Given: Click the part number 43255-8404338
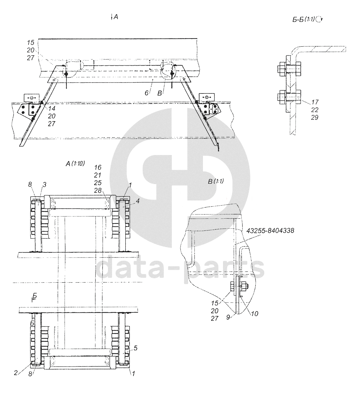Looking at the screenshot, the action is pyautogui.click(x=270, y=230).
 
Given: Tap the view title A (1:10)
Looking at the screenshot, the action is pyautogui.click(x=75, y=164).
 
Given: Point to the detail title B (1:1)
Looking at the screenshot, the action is pyautogui.click(x=216, y=181).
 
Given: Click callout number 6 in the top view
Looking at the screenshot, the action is pyautogui.click(x=146, y=93).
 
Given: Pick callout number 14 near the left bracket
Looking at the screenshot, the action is pyautogui.click(x=51, y=108).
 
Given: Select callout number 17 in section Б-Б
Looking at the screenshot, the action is pyautogui.click(x=315, y=102).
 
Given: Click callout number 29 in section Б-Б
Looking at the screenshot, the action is pyautogui.click(x=315, y=117).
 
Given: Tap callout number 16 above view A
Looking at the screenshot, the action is pyautogui.click(x=98, y=167).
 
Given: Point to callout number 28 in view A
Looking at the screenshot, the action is pyautogui.click(x=98, y=191).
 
